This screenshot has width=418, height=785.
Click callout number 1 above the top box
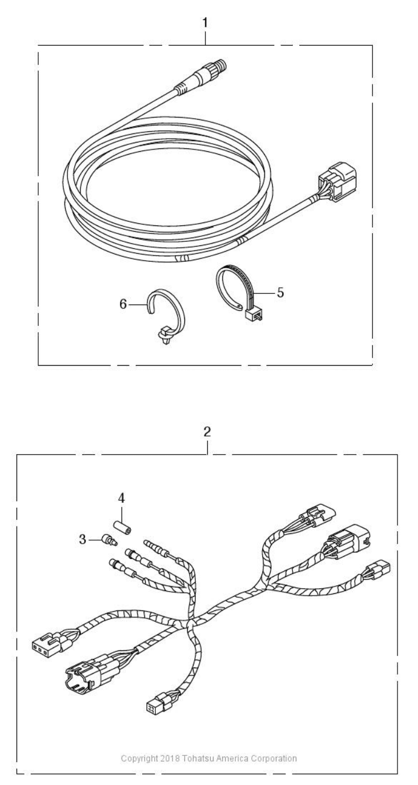[x=205, y=23]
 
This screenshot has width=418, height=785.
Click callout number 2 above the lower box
[x=207, y=432]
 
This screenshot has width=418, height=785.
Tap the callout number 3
[x=82, y=539]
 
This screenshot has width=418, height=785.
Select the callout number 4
[x=121, y=497]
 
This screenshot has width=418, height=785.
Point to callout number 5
[x=280, y=292]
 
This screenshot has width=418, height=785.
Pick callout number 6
[x=123, y=305]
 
